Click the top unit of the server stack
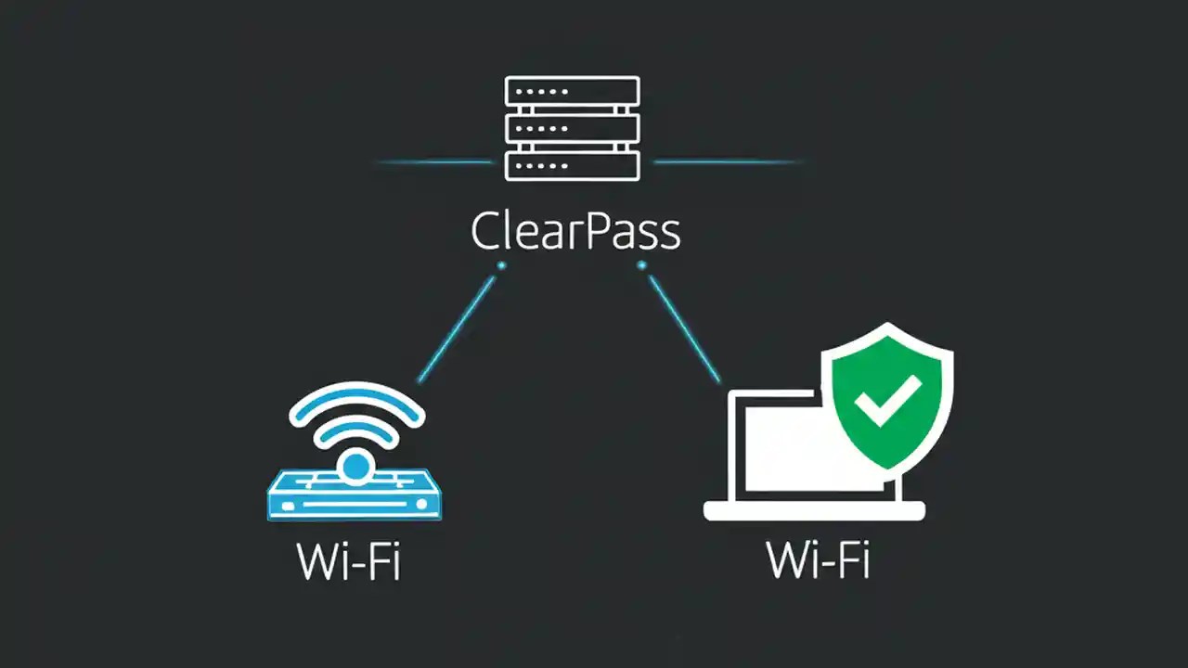[x=572, y=91]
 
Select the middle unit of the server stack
[x=572, y=128]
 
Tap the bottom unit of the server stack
[x=572, y=165]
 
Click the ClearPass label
[x=575, y=231]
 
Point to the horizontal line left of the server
[x=434, y=162]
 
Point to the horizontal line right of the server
[x=726, y=162]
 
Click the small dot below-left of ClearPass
[x=501, y=265]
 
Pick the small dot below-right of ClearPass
[x=641, y=265]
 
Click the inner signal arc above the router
[x=356, y=426]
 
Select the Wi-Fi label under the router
[x=349, y=559]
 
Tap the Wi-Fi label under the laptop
[x=819, y=559]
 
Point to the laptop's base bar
[x=814, y=510]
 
